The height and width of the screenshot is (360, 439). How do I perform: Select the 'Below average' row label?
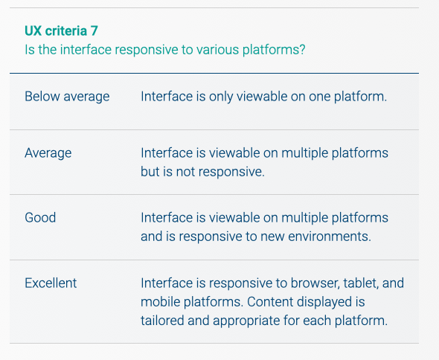pyautogui.click(x=67, y=97)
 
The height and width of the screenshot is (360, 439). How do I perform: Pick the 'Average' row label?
pyautogui.click(x=48, y=153)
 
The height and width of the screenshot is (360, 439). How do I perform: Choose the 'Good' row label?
pyautogui.click(x=40, y=218)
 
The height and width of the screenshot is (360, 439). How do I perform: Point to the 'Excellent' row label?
pyautogui.click(x=51, y=283)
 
